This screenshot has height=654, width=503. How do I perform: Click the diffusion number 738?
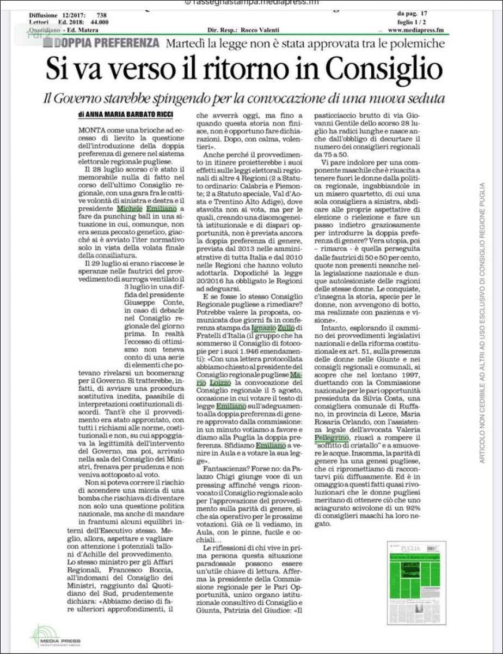(102, 15)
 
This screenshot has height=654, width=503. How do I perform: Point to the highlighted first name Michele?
(130, 208)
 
